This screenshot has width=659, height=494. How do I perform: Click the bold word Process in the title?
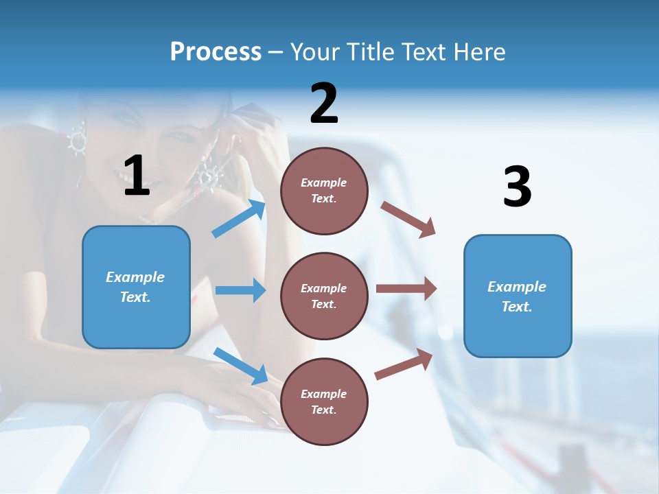(216, 52)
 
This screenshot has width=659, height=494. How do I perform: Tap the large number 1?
(137, 176)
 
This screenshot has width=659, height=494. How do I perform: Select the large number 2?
(324, 104)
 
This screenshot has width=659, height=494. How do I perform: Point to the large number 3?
(517, 187)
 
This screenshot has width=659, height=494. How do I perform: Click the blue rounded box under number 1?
(136, 287)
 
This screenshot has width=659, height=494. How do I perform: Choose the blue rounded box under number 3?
(518, 296)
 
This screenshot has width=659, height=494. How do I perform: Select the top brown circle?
(324, 191)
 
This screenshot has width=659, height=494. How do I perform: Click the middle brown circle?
(324, 296)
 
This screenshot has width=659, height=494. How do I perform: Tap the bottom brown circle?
(324, 401)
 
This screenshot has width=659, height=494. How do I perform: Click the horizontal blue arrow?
(240, 290)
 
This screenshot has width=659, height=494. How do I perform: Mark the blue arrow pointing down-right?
(241, 365)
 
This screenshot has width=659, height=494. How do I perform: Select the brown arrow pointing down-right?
(408, 220)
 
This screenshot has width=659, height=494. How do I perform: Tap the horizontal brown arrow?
(406, 289)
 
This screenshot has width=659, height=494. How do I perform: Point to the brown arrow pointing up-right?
(404, 364)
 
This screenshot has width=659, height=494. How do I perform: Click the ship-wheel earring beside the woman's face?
(76, 141)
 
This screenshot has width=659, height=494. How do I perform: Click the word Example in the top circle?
(324, 183)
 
